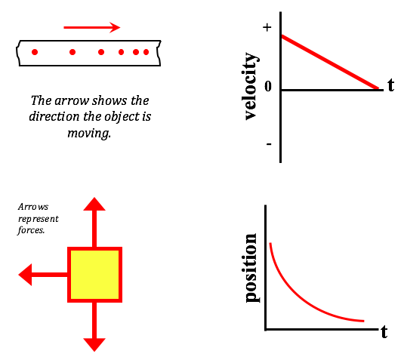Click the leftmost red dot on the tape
click(x=35, y=52)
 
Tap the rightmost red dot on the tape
click(x=146, y=52)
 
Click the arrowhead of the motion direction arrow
click(x=115, y=28)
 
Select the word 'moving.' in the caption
click(x=89, y=134)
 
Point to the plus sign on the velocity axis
click(x=267, y=27)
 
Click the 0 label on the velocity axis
click(x=268, y=86)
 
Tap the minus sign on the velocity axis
click(x=269, y=144)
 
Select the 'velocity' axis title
click(x=251, y=86)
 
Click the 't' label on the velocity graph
click(x=391, y=85)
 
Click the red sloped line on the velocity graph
click(x=330, y=63)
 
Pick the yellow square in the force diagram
click(x=94, y=275)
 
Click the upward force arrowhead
click(x=94, y=204)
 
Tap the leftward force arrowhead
click(x=25, y=275)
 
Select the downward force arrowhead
click(x=94, y=345)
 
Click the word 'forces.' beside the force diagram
click(x=31, y=230)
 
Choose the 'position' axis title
click(x=251, y=268)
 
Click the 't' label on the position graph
click(x=384, y=332)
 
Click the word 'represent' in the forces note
click(x=39, y=220)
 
